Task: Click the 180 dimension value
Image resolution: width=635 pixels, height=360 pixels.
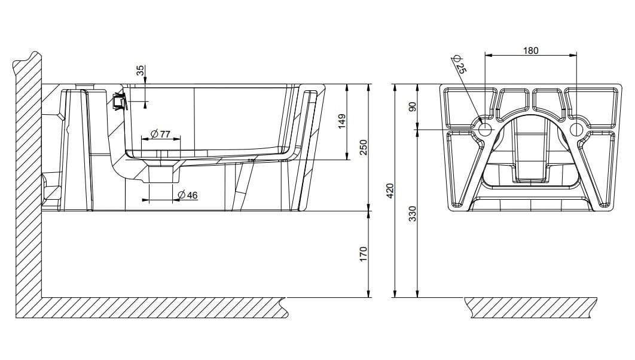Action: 530,50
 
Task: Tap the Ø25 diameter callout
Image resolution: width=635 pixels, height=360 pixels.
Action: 459,64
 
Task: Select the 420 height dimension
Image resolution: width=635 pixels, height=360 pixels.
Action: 390,191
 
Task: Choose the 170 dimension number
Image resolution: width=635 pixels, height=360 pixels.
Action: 364,254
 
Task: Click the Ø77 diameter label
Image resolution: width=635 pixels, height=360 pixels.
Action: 161,133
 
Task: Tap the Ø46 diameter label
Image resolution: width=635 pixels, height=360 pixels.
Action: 188,195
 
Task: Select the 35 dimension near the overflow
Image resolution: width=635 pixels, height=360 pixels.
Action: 140,71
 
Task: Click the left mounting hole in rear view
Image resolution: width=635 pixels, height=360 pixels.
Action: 485,129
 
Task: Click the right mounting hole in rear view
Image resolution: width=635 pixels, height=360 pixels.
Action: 577,129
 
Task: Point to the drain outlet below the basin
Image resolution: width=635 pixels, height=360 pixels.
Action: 163,174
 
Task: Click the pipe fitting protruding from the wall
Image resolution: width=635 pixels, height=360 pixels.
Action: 50,189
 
